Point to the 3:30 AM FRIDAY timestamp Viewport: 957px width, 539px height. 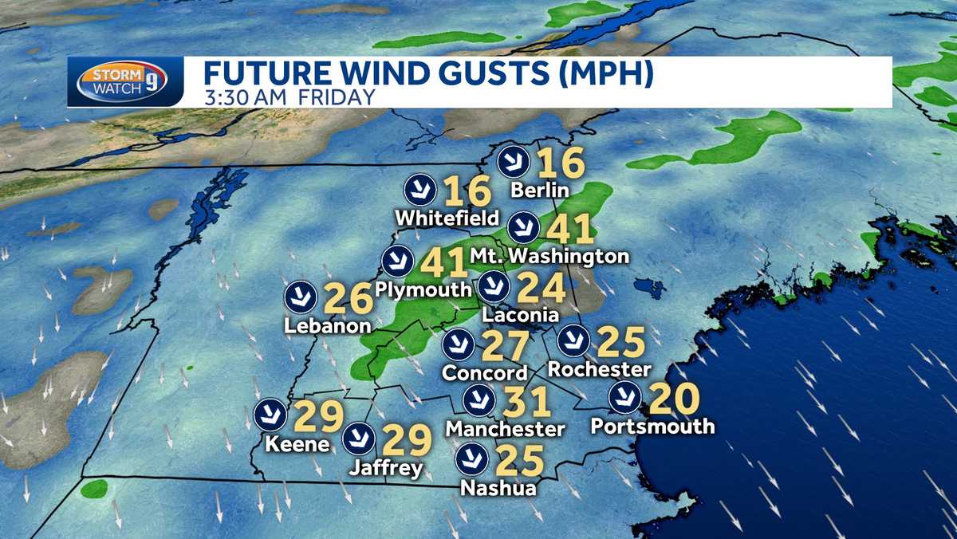click(x=289, y=97)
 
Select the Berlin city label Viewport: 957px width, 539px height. click(x=540, y=190)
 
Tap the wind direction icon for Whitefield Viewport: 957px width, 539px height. click(x=419, y=189)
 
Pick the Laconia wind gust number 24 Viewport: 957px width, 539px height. click(x=541, y=288)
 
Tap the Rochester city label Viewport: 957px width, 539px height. click(x=600, y=369)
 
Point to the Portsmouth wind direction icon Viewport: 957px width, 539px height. click(x=624, y=396)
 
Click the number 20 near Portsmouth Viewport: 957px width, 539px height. click(x=675, y=398)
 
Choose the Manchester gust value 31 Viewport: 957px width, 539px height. click(x=528, y=401)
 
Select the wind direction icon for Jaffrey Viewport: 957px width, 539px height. click(x=358, y=438)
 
